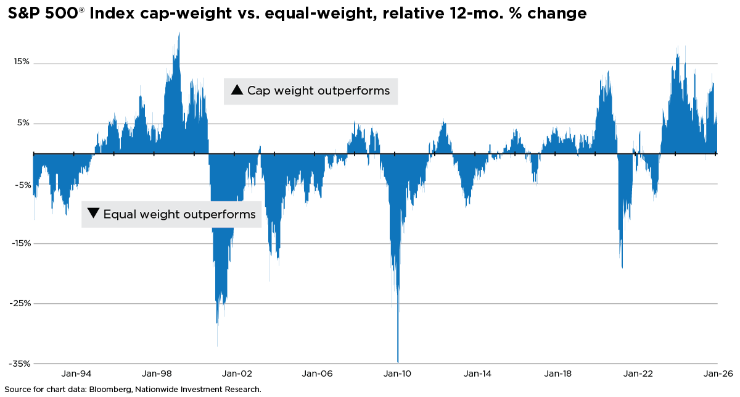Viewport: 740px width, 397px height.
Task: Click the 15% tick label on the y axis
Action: click(20, 62)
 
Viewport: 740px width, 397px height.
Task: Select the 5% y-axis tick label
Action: click(22, 123)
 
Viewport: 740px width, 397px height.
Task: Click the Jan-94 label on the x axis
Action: click(77, 374)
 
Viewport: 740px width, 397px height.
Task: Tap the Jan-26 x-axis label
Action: click(717, 374)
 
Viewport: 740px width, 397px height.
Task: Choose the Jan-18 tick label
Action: click(557, 374)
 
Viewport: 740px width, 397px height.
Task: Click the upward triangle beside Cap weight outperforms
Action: click(236, 91)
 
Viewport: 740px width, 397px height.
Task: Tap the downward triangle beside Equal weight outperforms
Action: click(93, 214)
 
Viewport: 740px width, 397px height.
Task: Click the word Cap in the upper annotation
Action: click(258, 91)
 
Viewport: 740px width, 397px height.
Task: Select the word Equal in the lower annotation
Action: click(118, 214)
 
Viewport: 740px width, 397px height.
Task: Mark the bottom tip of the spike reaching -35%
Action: click(398, 362)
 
